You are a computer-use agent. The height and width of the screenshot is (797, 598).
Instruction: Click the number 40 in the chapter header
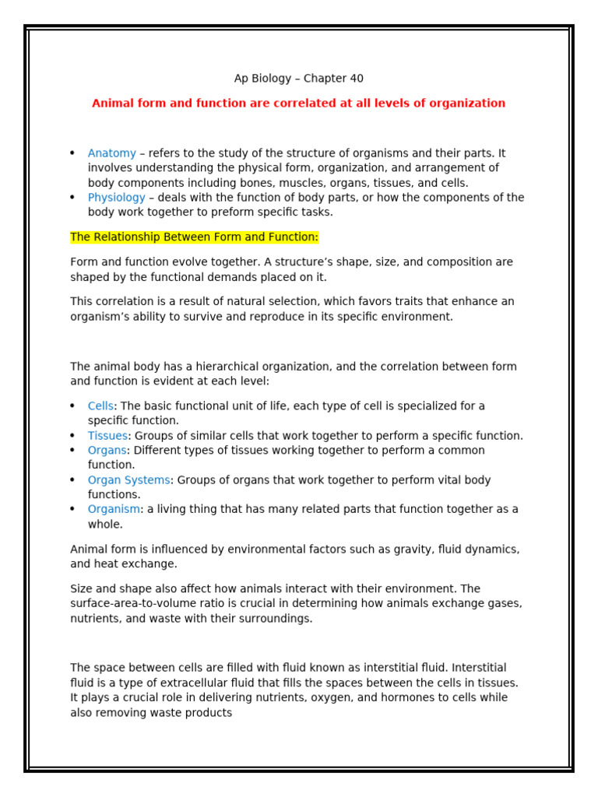click(356, 79)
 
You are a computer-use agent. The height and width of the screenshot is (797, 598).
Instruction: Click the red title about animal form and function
click(298, 104)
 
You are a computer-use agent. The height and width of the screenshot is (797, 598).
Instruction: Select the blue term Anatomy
click(111, 153)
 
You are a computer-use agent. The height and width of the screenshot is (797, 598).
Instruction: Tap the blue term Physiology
click(116, 198)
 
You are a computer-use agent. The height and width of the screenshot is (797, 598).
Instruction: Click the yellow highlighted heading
click(194, 237)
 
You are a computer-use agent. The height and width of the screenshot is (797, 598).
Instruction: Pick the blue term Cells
click(100, 406)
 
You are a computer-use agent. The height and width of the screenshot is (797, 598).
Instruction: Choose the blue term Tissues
click(107, 436)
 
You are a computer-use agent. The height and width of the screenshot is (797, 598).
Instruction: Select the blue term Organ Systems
click(128, 480)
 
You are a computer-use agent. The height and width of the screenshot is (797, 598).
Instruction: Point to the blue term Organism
click(114, 510)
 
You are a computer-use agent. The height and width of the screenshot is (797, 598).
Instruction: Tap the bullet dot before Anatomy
click(72, 153)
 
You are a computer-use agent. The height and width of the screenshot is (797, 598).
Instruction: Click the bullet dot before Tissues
click(72, 436)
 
